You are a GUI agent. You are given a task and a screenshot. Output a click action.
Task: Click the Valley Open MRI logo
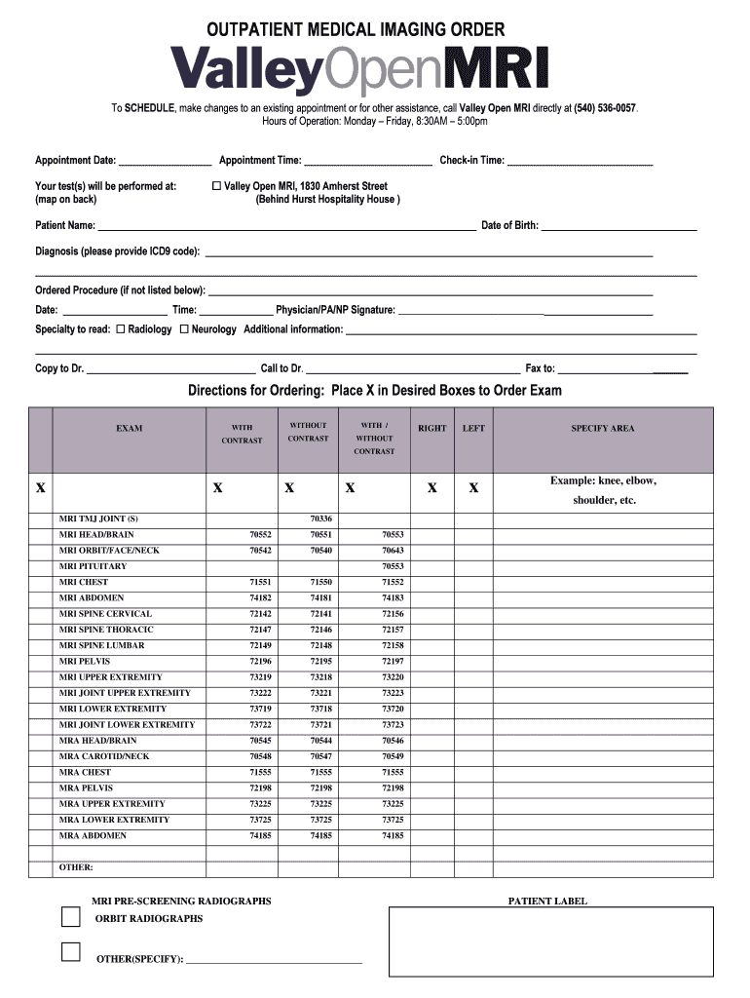click(360, 70)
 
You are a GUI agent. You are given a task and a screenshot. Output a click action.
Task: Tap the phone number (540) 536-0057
click(605, 108)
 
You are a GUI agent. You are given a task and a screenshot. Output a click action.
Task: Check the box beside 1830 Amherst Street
click(216, 186)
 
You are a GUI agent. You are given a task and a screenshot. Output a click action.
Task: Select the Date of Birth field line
click(619, 226)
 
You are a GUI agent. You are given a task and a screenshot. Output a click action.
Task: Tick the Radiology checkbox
click(121, 329)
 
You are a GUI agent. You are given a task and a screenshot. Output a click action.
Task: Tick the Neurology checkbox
click(184, 329)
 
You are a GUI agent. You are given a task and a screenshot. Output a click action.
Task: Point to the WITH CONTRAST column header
click(242, 434)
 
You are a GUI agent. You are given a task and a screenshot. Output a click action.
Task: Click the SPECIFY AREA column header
click(602, 428)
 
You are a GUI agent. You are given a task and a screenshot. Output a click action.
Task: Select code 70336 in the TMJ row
click(320, 518)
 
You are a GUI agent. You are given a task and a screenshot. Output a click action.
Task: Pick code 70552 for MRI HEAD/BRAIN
click(260, 535)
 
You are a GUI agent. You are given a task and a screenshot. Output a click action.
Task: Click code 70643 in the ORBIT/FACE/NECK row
click(393, 551)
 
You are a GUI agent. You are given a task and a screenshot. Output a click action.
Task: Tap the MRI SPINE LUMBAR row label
click(101, 645)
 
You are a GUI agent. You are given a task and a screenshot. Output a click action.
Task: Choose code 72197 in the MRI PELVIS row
click(393, 662)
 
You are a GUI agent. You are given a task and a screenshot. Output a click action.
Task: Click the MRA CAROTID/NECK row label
click(104, 756)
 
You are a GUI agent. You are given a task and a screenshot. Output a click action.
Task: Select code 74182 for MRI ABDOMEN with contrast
click(260, 598)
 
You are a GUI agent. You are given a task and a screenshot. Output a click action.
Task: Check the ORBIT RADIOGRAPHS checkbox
click(70, 917)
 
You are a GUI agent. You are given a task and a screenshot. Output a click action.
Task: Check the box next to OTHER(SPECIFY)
click(70, 952)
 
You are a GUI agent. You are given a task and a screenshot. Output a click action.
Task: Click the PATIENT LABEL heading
click(547, 902)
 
